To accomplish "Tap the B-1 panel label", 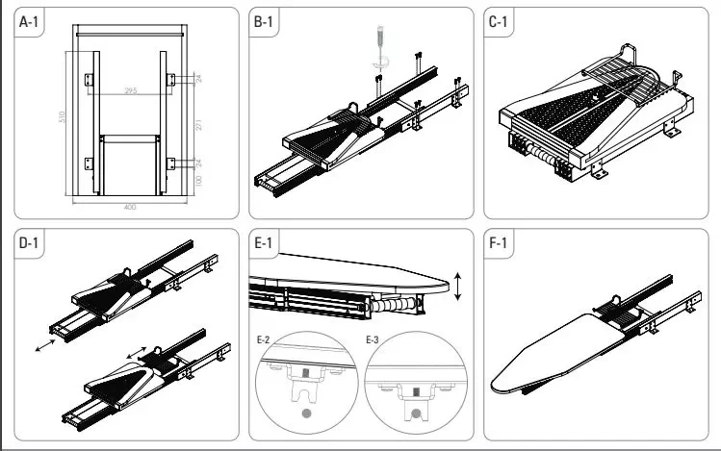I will (x=266, y=23).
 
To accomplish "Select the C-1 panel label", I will (x=500, y=23).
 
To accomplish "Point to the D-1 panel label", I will (x=31, y=245).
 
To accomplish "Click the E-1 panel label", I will (x=266, y=245).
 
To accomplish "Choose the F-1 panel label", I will (x=500, y=245).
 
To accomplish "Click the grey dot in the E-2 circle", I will (x=307, y=413).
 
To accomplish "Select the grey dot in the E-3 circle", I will (x=417, y=413).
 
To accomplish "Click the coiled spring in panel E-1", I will (x=396, y=303).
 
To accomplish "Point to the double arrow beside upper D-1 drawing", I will (x=45, y=345).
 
